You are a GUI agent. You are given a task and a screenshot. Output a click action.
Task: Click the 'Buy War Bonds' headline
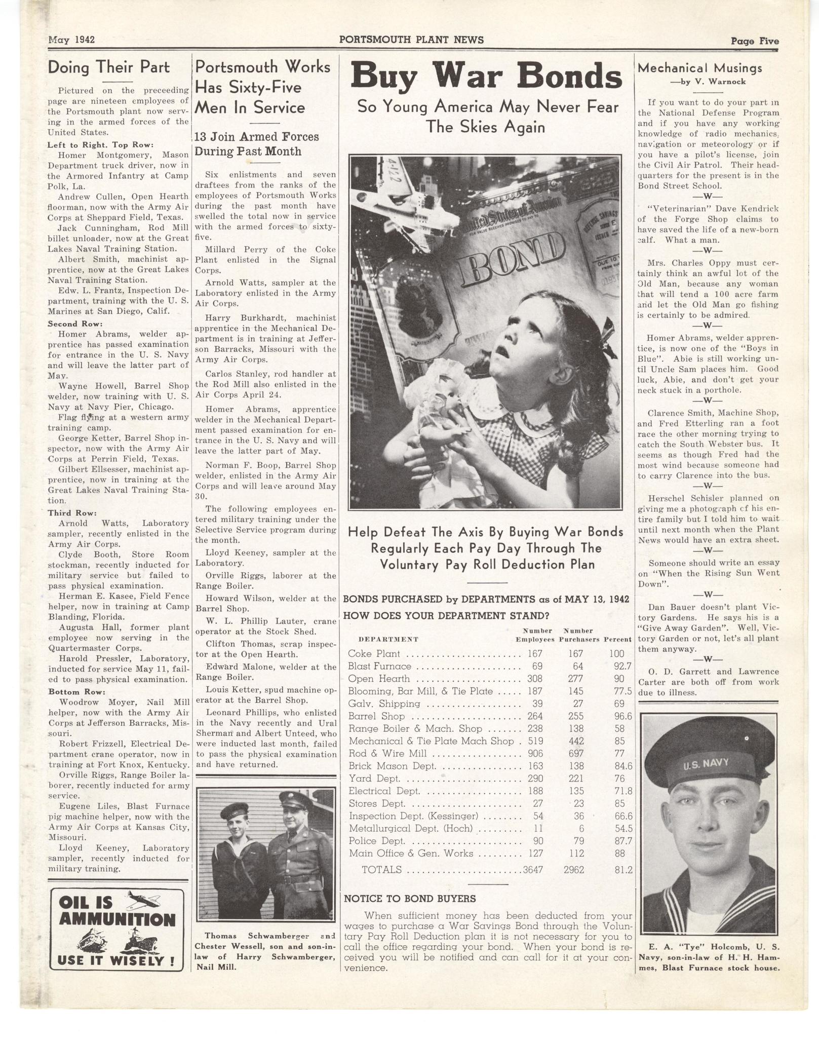coord(486,77)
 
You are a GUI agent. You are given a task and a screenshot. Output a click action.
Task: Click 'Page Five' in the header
coord(754,42)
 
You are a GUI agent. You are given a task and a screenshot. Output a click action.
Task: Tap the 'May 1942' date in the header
coord(71,40)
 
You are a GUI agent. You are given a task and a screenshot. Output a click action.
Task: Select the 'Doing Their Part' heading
coord(109,67)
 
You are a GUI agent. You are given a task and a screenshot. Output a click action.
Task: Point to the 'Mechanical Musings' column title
coord(699,68)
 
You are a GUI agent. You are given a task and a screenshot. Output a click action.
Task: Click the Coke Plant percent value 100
coord(616,654)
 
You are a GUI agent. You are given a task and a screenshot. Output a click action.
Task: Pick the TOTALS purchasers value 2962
coord(574,870)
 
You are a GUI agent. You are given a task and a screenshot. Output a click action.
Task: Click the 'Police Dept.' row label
coord(377,841)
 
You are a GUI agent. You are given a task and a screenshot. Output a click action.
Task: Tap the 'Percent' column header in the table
coord(617,639)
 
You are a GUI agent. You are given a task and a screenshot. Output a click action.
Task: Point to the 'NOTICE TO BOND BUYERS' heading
coord(409,899)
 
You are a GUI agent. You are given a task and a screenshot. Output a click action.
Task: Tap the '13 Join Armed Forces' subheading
coord(257,137)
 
